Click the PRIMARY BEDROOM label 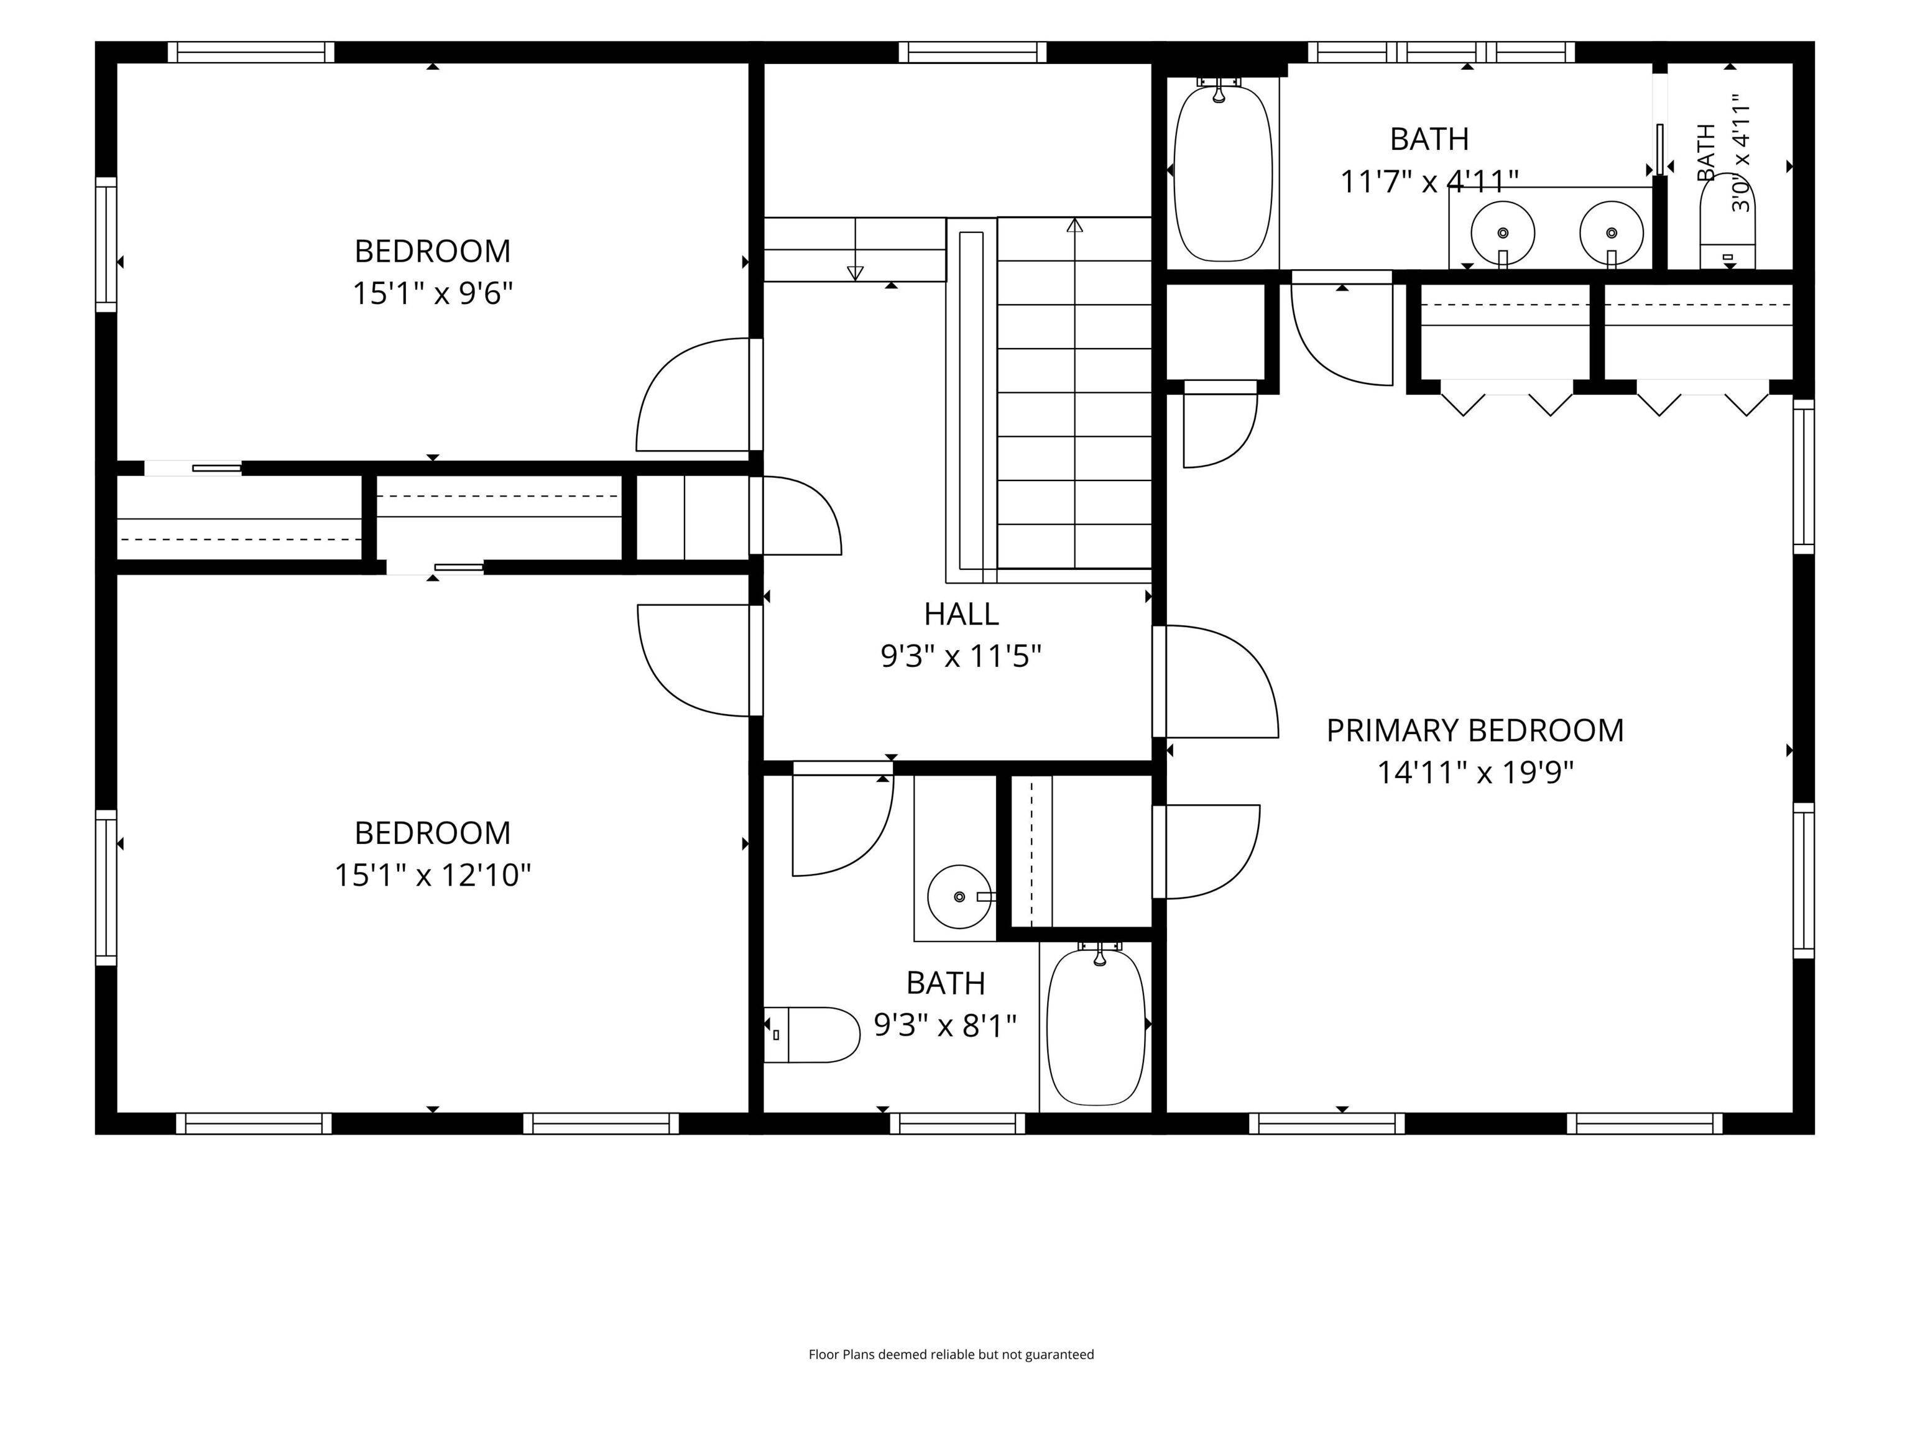coord(1475,731)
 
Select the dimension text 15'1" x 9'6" coord(433,293)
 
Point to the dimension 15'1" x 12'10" coord(433,875)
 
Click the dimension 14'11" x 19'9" coord(1475,773)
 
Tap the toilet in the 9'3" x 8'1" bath coord(811,1034)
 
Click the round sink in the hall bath coord(959,897)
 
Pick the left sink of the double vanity coord(1502,232)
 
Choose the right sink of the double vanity coord(1611,232)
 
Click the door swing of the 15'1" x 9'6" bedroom coord(693,393)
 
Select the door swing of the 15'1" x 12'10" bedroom coord(693,660)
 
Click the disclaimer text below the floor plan coord(951,1354)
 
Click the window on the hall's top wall coord(972,53)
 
